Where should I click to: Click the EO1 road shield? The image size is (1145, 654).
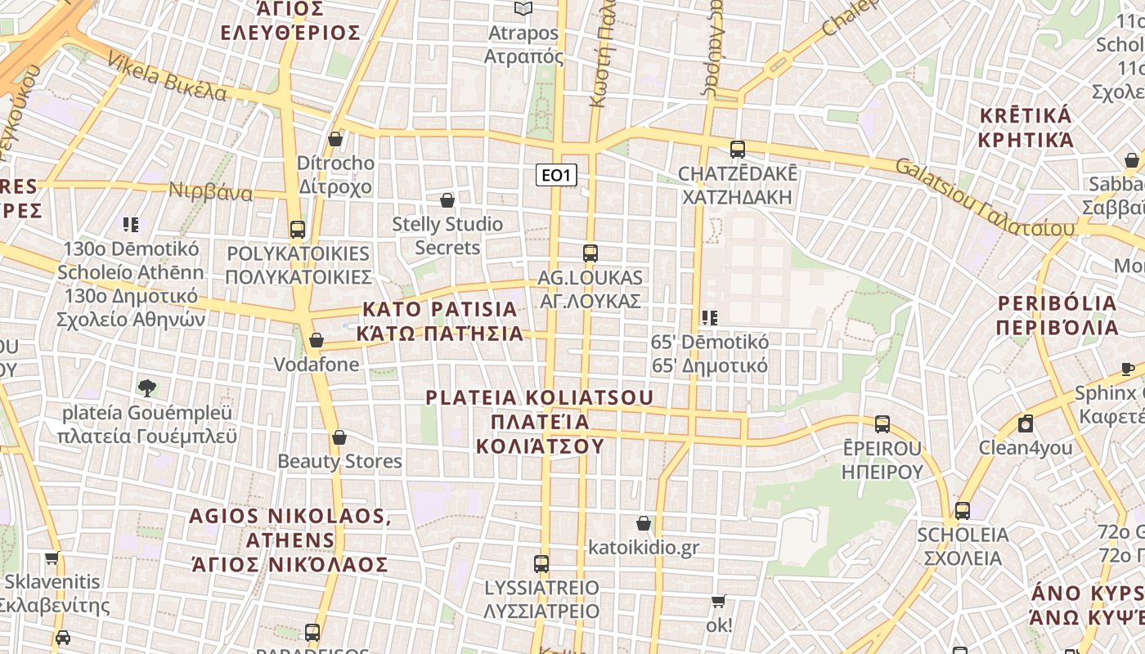(x=556, y=174)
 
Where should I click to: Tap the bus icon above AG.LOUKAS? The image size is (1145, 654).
(x=590, y=253)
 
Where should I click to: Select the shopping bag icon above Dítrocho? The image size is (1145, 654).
(x=335, y=139)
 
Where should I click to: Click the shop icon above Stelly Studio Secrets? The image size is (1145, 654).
(x=447, y=199)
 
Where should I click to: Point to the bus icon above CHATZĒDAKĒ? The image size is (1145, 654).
(x=738, y=149)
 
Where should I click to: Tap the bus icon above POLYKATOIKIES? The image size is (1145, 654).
(x=298, y=229)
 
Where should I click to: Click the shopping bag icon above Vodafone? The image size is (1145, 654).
(x=317, y=340)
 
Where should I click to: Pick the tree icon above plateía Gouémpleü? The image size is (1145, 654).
(x=147, y=387)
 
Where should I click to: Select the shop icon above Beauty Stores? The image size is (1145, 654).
(x=339, y=437)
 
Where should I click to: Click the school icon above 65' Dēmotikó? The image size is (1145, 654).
(x=709, y=317)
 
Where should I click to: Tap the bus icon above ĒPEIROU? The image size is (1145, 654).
(x=882, y=423)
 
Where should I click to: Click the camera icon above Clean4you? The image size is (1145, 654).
(x=1026, y=423)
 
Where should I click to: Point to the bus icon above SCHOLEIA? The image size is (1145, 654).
(x=963, y=511)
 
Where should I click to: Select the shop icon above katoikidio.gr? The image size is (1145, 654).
(x=644, y=523)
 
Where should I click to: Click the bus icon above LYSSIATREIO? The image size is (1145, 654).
(x=541, y=563)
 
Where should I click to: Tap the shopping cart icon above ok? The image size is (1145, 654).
(x=719, y=602)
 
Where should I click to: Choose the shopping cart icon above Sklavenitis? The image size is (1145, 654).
(x=52, y=558)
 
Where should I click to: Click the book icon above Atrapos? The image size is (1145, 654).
(x=523, y=9)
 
